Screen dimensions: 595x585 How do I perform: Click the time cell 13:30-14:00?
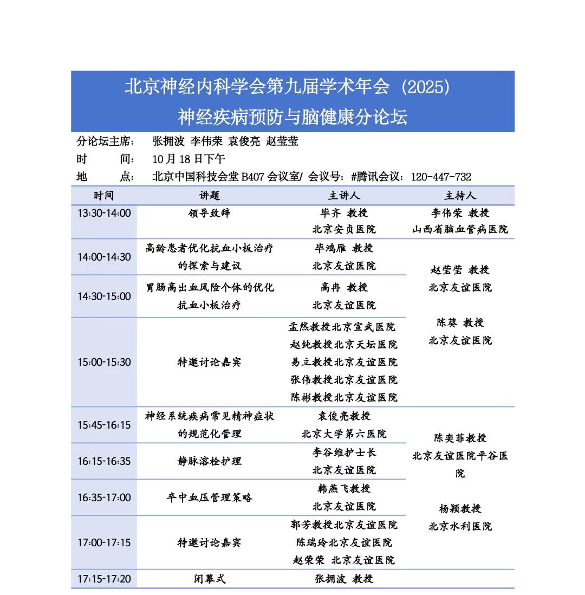pyautogui.click(x=104, y=213)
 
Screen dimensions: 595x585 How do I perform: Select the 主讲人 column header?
pyautogui.click(x=343, y=195)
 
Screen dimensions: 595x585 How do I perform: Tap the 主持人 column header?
pyautogui.click(x=460, y=195)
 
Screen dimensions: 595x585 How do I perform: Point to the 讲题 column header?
pyautogui.click(x=209, y=195)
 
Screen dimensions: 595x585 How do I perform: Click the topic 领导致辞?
pyautogui.click(x=209, y=213)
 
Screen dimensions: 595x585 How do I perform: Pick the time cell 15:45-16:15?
pyautogui.click(x=104, y=425)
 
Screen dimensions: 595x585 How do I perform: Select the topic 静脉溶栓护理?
pyautogui.click(x=209, y=461)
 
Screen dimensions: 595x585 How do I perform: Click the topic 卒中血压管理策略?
pyautogui.click(x=209, y=497)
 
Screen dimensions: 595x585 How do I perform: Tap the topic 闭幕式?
pyautogui.click(x=209, y=579)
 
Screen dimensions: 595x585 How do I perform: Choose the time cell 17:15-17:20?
pyautogui.click(x=104, y=579)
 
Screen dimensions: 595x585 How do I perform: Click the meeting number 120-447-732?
pyautogui.click(x=441, y=177)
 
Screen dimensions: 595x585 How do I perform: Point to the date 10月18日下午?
pyautogui.click(x=188, y=159)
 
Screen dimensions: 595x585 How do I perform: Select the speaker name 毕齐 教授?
pyautogui.click(x=343, y=213)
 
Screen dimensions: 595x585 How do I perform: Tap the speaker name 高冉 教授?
pyautogui.click(x=343, y=287)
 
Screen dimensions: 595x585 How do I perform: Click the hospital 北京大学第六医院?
pyautogui.click(x=343, y=434)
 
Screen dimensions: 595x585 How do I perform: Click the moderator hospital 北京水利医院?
pyautogui.click(x=460, y=526)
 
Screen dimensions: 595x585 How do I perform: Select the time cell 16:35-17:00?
pyautogui.click(x=104, y=497)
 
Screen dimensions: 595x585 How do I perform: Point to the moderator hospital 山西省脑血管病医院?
pyautogui.click(x=460, y=229)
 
